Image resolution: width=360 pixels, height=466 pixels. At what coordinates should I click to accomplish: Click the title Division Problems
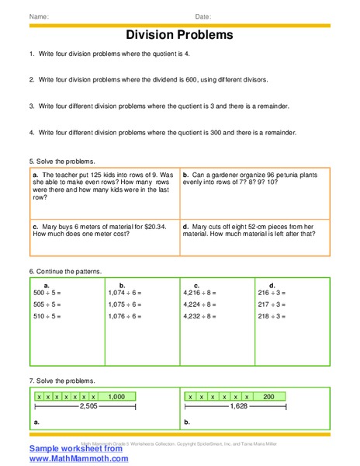click(179, 35)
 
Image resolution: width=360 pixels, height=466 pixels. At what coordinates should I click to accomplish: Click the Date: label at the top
click(203, 16)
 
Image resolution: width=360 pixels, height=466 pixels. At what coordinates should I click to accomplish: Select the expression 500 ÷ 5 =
click(48, 293)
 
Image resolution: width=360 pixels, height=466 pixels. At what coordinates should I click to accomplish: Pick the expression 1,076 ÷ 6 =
click(125, 316)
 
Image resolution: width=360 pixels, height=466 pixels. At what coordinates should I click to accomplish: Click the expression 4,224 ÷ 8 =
click(200, 304)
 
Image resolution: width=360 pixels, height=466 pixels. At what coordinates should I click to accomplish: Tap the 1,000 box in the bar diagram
click(116, 396)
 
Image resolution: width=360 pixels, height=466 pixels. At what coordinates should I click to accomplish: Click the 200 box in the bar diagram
click(268, 396)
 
